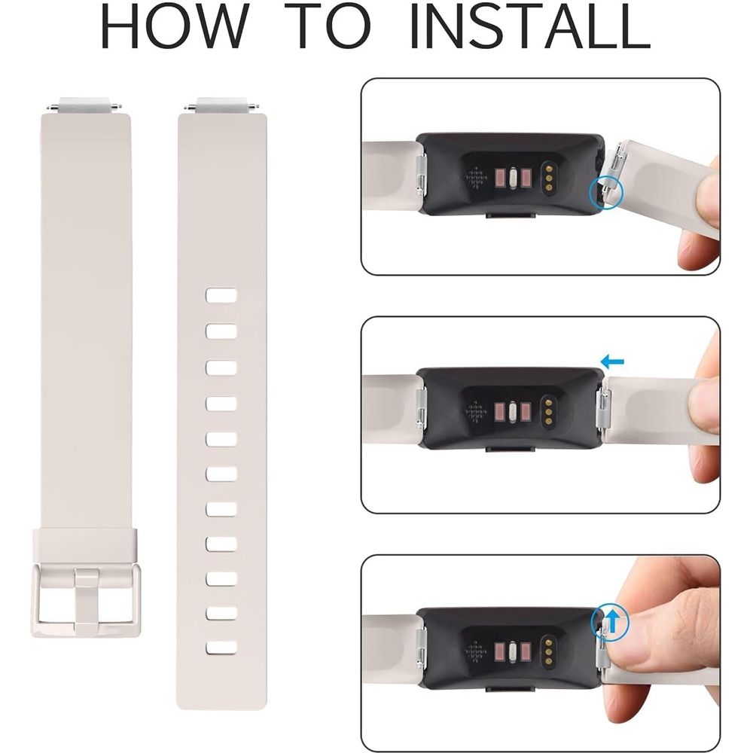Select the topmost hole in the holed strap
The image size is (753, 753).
tap(221, 295)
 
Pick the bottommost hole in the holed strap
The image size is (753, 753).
tap(221, 648)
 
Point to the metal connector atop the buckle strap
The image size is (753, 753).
tap(84, 105)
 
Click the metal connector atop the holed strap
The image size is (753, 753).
tap(221, 105)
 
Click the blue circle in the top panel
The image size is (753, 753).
tap(605, 191)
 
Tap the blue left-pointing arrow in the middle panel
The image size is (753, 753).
tap(613, 361)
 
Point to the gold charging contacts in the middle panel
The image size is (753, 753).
tap(547, 410)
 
